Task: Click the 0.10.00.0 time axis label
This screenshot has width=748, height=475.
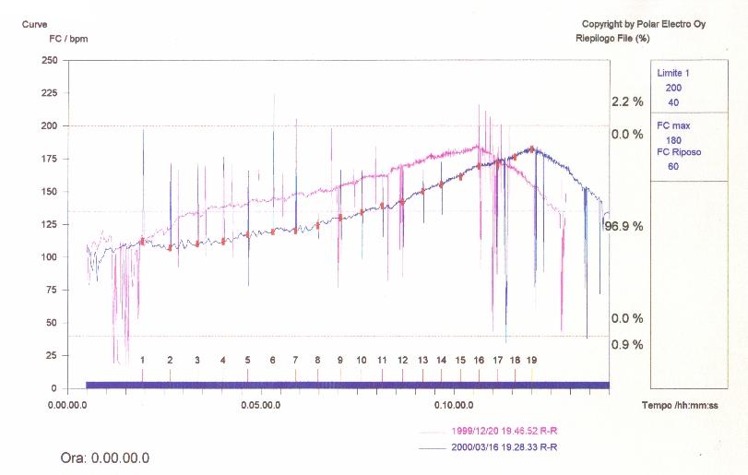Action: [x=453, y=405]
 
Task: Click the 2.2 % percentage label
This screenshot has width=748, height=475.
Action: [x=626, y=101]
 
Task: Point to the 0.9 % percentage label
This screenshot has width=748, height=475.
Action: [x=626, y=345]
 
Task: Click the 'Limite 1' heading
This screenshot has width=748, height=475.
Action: [x=672, y=72]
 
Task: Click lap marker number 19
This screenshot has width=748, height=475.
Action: [x=531, y=360]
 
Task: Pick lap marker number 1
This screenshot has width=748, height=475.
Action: [x=143, y=360]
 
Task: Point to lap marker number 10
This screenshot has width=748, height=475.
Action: [x=362, y=360]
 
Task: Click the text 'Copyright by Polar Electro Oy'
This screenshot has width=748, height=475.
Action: [x=643, y=23]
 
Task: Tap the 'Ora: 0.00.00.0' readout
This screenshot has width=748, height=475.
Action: [x=104, y=458]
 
